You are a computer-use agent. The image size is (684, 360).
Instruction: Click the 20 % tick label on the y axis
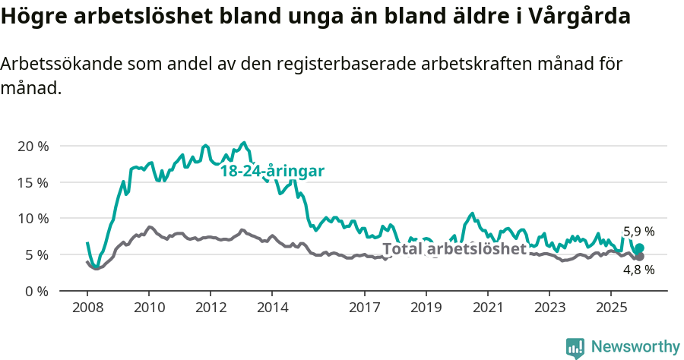point(33,146)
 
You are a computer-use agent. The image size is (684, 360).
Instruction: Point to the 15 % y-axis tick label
point(33,182)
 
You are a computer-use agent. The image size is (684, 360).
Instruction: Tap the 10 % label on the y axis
point(33,219)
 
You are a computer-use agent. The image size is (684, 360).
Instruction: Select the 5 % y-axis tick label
point(36,254)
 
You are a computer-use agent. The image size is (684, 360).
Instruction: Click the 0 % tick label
point(36,291)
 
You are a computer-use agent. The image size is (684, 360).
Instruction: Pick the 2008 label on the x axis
point(87,308)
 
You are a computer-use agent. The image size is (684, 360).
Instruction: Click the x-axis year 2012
point(210,308)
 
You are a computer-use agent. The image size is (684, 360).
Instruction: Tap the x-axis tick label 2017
point(364,308)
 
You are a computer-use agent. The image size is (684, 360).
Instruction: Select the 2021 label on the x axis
point(487,308)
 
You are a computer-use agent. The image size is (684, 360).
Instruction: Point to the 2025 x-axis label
point(610,308)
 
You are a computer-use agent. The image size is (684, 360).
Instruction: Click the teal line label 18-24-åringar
point(272,172)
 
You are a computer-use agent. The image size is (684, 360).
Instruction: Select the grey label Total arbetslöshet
point(454,249)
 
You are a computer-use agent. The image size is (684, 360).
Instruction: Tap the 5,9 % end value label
point(638,232)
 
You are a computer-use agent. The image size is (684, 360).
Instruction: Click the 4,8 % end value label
point(638,270)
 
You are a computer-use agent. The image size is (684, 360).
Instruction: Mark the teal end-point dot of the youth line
point(639,248)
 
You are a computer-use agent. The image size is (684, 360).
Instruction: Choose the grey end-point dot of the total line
point(639,257)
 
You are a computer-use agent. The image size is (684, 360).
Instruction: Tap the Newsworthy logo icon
point(575,348)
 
